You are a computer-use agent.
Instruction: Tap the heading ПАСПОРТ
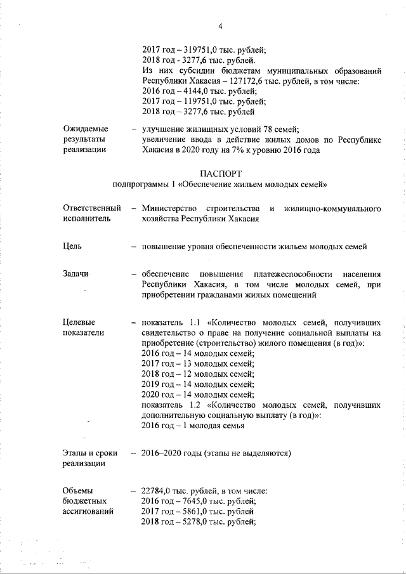(219, 173)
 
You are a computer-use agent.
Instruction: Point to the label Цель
(72, 246)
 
